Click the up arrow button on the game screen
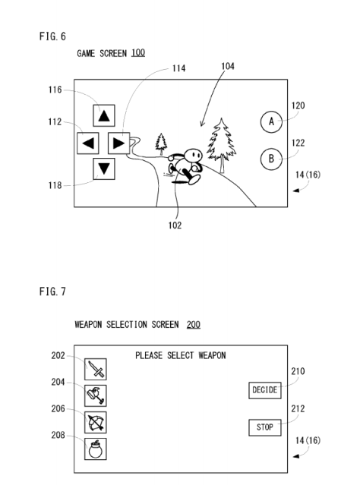(x=104, y=116)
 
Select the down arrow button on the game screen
(x=104, y=168)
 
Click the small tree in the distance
(x=161, y=143)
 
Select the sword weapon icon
(x=95, y=370)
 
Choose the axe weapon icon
(x=95, y=395)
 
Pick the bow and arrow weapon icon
(x=95, y=422)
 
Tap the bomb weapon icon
(x=95, y=449)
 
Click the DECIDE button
(x=264, y=390)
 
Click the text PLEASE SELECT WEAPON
(x=181, y=355)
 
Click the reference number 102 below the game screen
(x=175, y=225)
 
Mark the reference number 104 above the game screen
(x=227, y=67)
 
